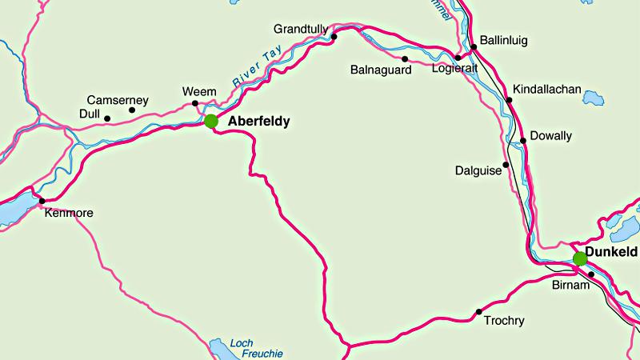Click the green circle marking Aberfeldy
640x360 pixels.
211,121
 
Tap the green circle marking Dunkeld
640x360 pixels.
580,258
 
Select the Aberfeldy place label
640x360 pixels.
258,122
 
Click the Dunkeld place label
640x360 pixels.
612,252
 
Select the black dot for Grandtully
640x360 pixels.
334,36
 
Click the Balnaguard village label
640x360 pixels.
381,70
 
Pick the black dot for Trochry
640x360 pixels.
479,311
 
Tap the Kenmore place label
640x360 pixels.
70,214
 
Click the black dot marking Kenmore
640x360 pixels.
42,201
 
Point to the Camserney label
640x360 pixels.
119,100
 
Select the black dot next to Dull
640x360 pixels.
107,120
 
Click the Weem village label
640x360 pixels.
199,91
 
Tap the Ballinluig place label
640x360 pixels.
504,40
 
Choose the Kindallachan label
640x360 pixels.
547,89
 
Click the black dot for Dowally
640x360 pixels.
523,141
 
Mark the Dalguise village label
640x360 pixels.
477,170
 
